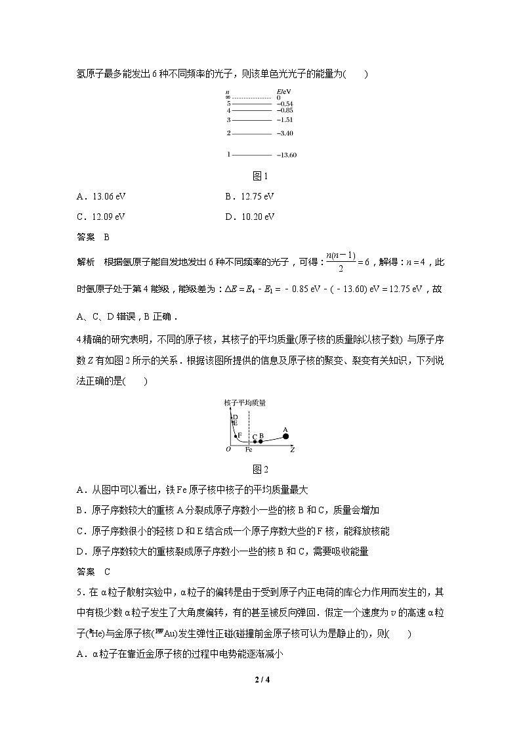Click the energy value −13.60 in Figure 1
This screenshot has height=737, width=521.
point(287,155)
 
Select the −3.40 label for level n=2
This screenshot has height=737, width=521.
point(285,133)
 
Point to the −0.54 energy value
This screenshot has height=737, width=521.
point(285,104)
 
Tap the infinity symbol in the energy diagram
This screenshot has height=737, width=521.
point(227,97)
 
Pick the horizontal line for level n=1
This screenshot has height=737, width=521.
point(251,155)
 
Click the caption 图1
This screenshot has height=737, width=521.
point(260,176)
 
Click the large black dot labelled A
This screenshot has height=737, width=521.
point(285,436)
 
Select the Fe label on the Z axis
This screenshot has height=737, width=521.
point(249,450)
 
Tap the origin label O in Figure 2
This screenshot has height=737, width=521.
point(228,450)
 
